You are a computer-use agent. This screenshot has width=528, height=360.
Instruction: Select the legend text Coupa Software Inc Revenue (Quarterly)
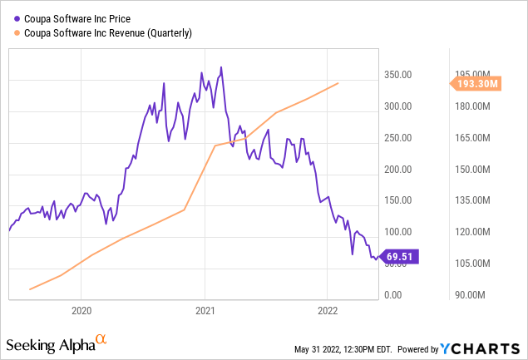[x=109, y=32]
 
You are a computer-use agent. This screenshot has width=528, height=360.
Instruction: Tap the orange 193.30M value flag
[x=476, y=83]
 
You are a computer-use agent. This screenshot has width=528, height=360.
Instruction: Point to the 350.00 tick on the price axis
[x=399, y=75]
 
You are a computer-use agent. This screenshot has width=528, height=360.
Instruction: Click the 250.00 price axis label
[x=399, y=138]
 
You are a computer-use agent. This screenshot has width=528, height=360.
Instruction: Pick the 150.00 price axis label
[x=399, y=200]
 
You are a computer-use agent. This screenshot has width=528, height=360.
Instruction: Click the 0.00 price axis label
[x=393, y=295]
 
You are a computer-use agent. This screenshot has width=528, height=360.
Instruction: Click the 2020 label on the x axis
[x=81, y=311]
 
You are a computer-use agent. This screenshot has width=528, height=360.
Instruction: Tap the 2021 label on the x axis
[x=205, y=311]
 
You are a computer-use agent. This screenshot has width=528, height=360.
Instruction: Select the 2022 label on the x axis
[x=327, y=311]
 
